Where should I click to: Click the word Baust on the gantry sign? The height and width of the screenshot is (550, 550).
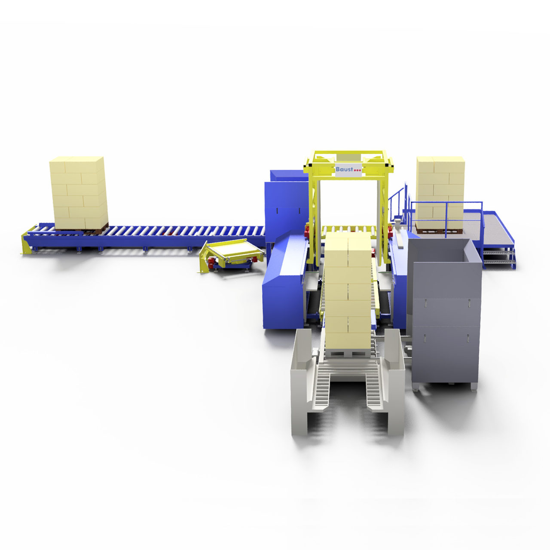click(344, 169)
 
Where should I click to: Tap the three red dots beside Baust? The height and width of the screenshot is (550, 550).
click(357, 171)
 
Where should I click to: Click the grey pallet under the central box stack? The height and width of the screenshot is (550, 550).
click(348, 353)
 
